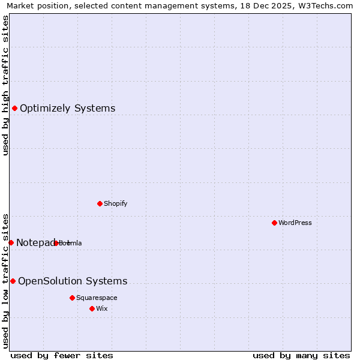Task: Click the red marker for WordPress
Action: click(x=274, y=223)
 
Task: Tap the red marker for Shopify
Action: click(x=100, y=203)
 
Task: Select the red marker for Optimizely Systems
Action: click(x=14, y=108)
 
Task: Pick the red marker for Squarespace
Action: click(x=72, y=298)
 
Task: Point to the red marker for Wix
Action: click(x=92, y=308)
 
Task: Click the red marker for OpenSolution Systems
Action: click(x=13, y=281)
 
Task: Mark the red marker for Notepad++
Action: click(x=11, y=242)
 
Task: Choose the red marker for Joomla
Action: click(x=56, y=243)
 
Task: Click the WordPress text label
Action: click(x=295, y=223)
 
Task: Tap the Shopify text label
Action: click(x=115, y=203)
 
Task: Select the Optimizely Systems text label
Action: click(x=67, y=109)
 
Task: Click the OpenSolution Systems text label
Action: click(x=73, y=281)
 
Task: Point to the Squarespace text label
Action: click(x=97, y=298)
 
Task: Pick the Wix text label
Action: click(x=101, y=308)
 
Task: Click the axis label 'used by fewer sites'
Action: click(x=62, y=355)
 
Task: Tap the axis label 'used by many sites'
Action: click(x=301, y=355)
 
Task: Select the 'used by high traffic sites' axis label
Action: click(x=5, y=85)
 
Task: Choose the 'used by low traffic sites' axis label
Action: click(x=5, y=280)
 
